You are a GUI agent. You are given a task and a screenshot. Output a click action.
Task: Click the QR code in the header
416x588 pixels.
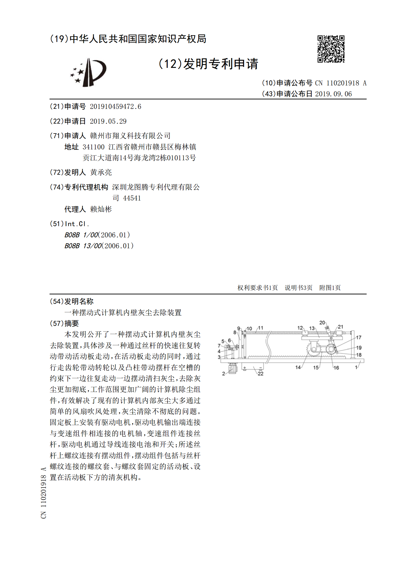331,49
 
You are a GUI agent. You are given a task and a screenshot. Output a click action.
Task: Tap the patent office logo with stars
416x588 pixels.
88,73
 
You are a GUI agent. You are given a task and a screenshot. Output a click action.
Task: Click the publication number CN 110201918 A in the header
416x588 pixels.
341,83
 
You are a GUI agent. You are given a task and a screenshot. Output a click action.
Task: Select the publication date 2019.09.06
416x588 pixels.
333,94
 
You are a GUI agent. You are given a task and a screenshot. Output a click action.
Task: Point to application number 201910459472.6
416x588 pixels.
115,107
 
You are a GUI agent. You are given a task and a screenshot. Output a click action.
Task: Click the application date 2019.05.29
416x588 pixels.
108,122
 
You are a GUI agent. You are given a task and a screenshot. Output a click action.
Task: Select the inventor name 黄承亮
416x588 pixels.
101,172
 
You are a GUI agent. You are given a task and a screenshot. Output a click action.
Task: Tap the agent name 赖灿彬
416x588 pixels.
101,209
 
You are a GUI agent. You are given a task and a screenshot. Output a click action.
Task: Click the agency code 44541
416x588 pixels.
132,198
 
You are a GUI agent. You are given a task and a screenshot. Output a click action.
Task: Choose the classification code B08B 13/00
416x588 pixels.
83,246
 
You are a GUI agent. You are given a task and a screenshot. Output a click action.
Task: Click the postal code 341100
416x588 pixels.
94,147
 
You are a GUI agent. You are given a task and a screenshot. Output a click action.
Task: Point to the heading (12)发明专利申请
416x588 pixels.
208,64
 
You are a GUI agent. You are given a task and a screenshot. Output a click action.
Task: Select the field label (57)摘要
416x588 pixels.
64,323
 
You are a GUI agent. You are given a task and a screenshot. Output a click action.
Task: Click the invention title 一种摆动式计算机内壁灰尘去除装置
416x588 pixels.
123,313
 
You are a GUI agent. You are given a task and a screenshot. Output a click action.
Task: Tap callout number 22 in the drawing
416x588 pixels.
260,374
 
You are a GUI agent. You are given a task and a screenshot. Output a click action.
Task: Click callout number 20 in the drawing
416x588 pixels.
322,323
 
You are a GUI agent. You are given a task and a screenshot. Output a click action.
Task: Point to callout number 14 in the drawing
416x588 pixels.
298,367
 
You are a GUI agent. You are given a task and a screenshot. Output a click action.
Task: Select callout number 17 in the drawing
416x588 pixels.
359,337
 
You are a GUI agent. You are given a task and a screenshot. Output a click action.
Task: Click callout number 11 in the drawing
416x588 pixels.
261,328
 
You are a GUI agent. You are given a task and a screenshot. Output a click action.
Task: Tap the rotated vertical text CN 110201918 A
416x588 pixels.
44,493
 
